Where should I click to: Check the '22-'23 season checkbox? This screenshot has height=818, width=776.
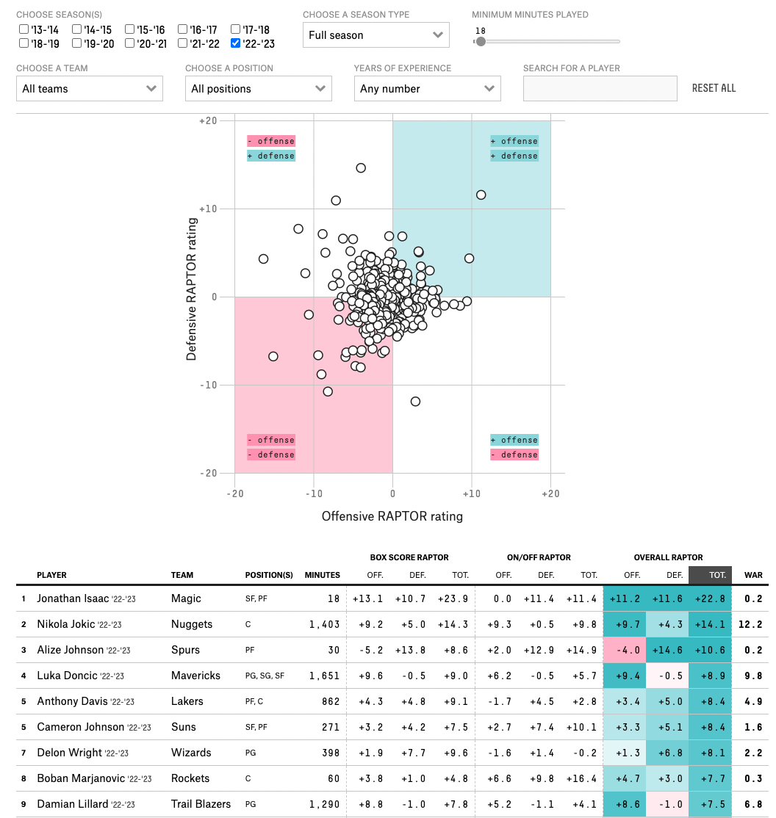(x=235, y=43)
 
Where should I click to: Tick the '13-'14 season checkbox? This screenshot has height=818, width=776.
(x=24, y=29)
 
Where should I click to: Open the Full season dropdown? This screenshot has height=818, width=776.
(x=376, y=35)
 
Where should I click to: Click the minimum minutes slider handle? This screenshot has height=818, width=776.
(x=481, y=41)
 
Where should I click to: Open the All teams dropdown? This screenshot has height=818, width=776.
(x=89, y=88)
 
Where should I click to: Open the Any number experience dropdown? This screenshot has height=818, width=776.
(x=427, y=88)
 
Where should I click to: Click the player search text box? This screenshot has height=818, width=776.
(x=600, y=88)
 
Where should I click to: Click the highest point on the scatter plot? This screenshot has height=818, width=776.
(x=361, y=167)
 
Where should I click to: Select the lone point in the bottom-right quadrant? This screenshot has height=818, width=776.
(x=415, y=401)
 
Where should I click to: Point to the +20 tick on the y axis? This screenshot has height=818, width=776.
(x=208, y=120)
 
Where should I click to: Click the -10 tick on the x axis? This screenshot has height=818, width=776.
(x=314, y=493)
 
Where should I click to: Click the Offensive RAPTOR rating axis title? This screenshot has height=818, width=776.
(x=392, y=516)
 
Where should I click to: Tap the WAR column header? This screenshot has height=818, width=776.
(x=753, y=575)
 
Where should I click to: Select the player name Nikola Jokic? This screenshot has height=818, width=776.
(x=66, y=624)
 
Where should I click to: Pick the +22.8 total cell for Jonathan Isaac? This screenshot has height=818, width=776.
(x=710, y=598)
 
